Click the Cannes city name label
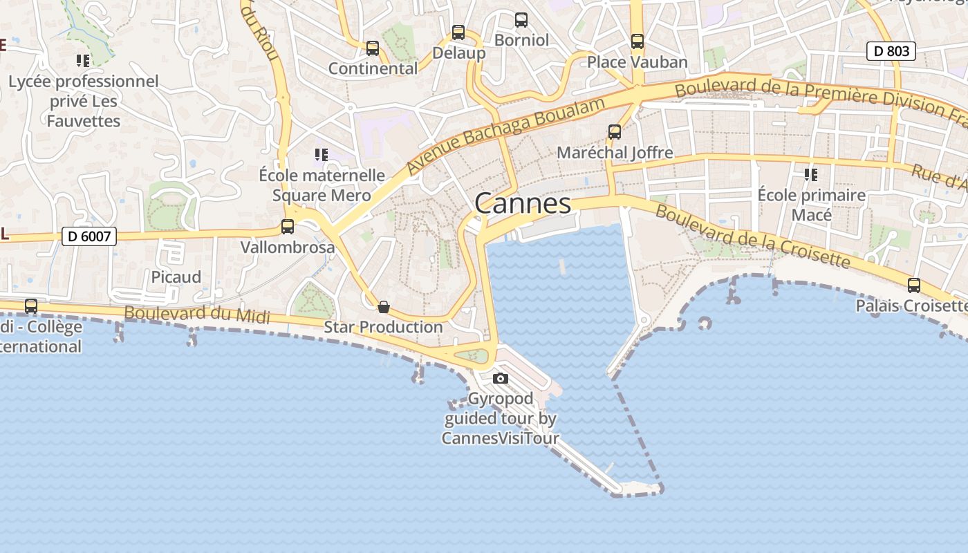(x=523, y=203)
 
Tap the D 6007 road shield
(x=90, y=236)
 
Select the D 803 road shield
(x=891, y=50)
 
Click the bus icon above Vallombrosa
(x=288, y=226)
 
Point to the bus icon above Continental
(x=373, y=48)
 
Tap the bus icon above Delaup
(x=458, y=32)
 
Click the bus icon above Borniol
(x=521, y=19)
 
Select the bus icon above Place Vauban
(x=637, y=41)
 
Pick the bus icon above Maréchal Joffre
(x=615, y=131)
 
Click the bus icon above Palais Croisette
(x=914, y=285)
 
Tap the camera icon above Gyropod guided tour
(x=501, y=378)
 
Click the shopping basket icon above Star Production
(x=384, y=306)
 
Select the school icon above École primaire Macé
(x=811, y=174)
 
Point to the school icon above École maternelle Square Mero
(x=321, y=154)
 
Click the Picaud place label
(x=176, y=277)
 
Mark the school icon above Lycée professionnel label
(x=83, y=61)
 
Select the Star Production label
(x=383, y=327)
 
